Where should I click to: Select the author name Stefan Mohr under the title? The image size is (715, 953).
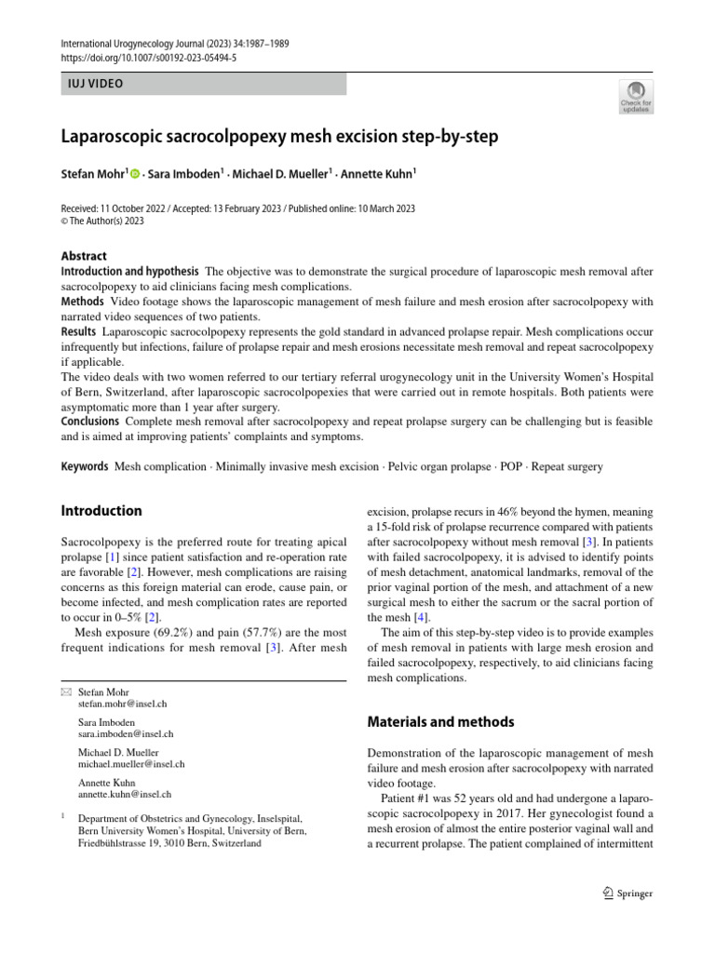pos(92,173)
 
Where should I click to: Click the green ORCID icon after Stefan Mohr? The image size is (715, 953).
pos(135,173)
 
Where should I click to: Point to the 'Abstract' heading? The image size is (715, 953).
pos(84,256)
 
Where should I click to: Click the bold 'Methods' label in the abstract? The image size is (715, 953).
pos(83,302)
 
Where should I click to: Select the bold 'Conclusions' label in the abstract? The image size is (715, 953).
pos(90,422)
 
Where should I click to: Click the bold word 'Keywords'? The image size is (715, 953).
pos(86,466)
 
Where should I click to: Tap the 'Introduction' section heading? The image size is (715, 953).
pos(101,511)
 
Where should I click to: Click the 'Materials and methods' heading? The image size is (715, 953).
pos(440,721)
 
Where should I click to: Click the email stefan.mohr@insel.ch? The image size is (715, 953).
pos(123,705)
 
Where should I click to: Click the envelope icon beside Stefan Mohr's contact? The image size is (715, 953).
pos(65,691)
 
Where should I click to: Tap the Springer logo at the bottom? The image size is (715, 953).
pos(627,893)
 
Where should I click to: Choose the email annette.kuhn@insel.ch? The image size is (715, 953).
pos(125,794)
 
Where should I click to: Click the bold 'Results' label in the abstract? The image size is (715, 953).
pos(78,331)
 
